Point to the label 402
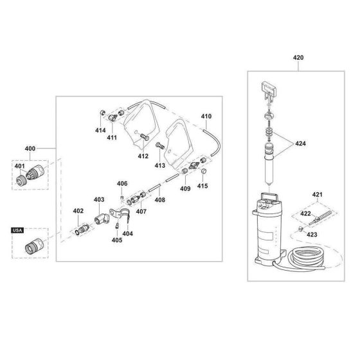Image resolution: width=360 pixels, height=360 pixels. coord(78,211)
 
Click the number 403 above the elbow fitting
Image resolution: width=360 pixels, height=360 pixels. coord(99,200)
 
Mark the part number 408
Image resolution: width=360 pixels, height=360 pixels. coord(159,200)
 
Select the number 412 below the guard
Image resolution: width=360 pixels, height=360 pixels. coord(143,156)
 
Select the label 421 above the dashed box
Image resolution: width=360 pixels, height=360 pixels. coord(316,194)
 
